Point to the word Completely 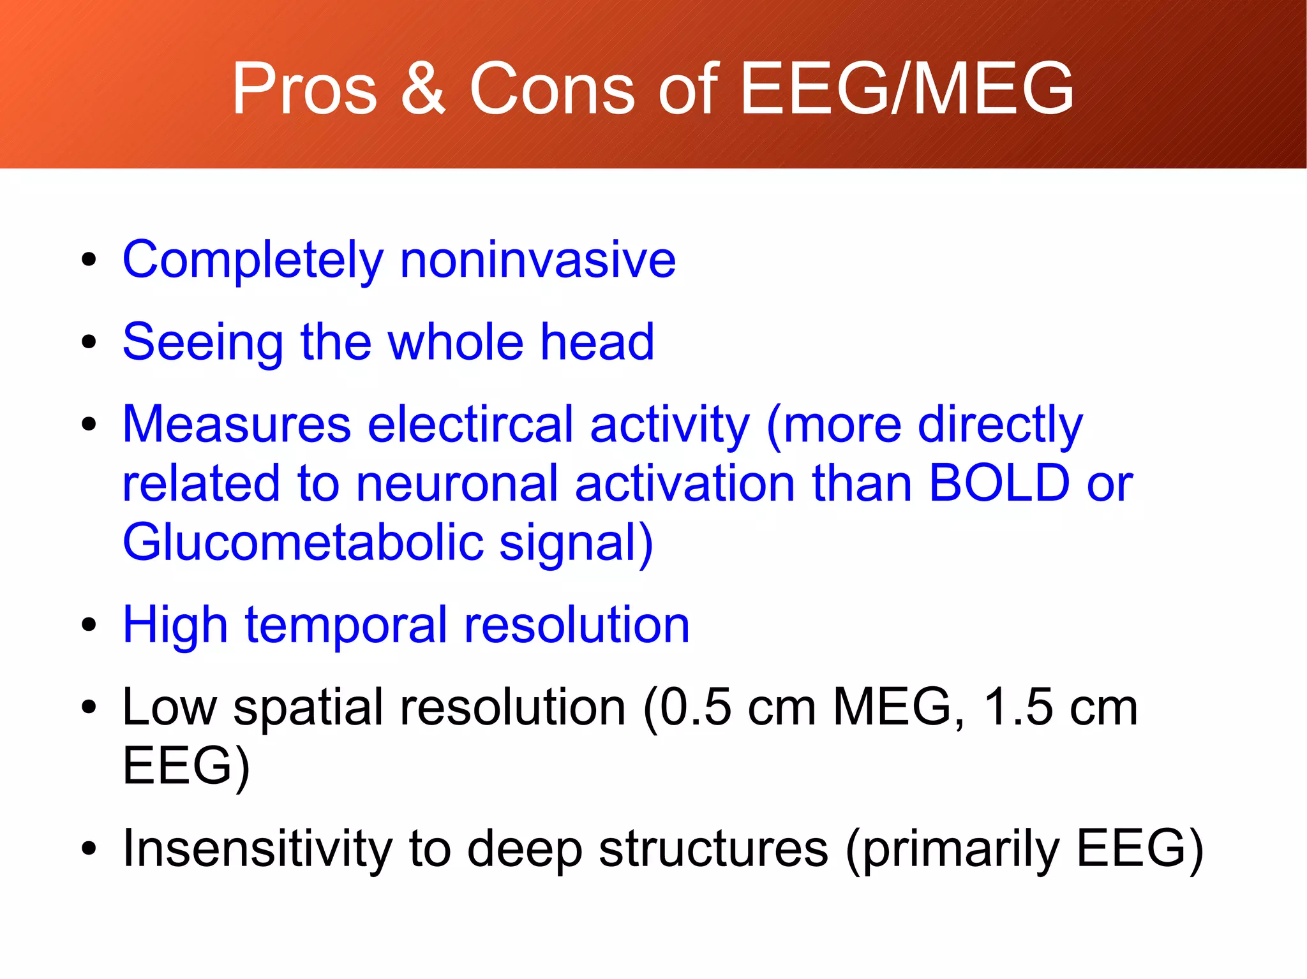(x=253, y=261)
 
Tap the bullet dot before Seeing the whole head (x=89, y=342)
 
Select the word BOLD (x=999, y=483)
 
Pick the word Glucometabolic (x=303, y=542)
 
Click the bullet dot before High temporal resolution (x=89, y=625)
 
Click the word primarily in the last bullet (x=961, y=850)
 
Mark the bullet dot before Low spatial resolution (x=89, y=707)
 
